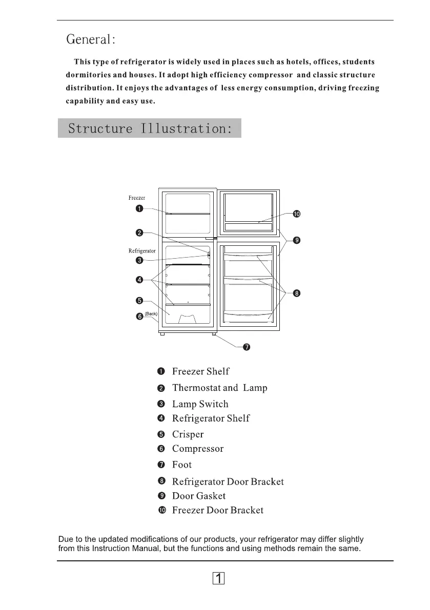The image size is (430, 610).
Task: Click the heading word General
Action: (x=91, y=39)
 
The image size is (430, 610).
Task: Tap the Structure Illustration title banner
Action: (x=149, y=128)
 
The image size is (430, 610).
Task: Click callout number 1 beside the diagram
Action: (x=139, y=208)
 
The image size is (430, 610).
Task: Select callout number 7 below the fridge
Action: (x=247, y=348)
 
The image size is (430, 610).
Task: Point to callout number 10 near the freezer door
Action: (x=296, y=214)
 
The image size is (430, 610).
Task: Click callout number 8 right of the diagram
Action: (x=297, y=293)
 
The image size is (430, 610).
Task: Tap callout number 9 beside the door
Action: (x=297, y=240)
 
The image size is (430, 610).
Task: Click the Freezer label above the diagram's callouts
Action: (x=137, y=198)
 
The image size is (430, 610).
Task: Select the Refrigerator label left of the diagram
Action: (x=142, y=251)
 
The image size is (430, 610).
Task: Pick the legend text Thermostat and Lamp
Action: (x=219, y=388)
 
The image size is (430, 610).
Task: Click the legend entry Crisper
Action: (x=188, y=435)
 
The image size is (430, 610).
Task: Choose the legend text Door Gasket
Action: (x=198, y=496)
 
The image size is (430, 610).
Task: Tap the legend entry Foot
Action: (x=182, y=465)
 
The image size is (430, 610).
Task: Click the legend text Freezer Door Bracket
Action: (x=217, y=511)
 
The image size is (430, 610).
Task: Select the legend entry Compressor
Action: (x=197, y=449)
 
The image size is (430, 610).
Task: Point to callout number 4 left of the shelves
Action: (x=139, y=280)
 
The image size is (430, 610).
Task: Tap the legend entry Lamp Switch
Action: (x=200, y=405)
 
